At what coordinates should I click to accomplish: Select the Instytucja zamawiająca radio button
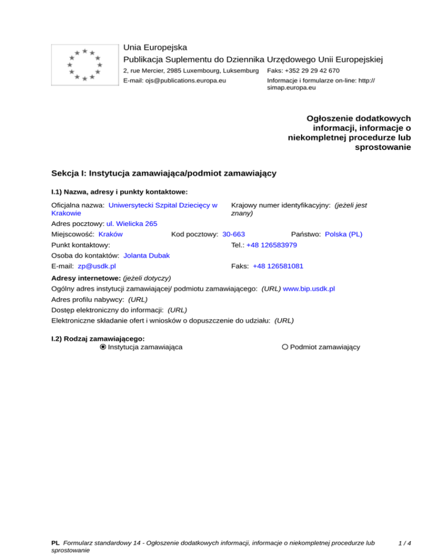(103, 348)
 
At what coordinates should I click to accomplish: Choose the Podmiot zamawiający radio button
(285, 348)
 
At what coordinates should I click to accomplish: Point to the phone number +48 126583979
(272, 245)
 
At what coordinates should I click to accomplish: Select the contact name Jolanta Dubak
(147, 256)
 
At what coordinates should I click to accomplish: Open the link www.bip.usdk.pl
(309, 288)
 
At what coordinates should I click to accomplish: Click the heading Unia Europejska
(155, 48)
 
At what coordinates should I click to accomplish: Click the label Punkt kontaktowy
(80, 245)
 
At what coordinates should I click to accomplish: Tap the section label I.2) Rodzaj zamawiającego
(98, 339)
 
